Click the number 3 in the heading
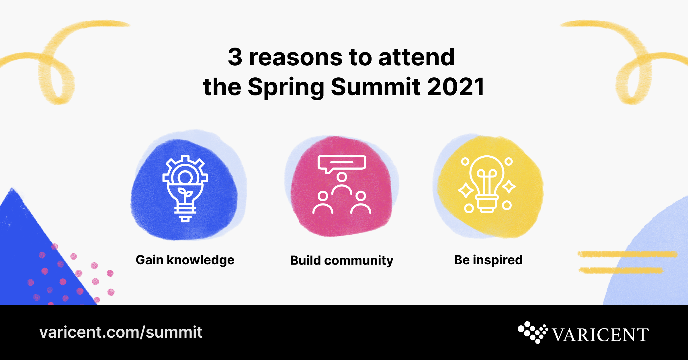coord(235,57)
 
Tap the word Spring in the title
coord(285,87)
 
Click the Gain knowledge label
coord(185,260)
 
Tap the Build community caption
coord(341,261)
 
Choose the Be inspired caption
coord(488,260)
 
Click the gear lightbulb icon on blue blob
coord(185,188)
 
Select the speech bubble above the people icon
coord(341,163)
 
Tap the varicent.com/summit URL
coord(121,332)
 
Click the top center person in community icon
coord(341,183)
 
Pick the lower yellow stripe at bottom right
coord(621,270)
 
